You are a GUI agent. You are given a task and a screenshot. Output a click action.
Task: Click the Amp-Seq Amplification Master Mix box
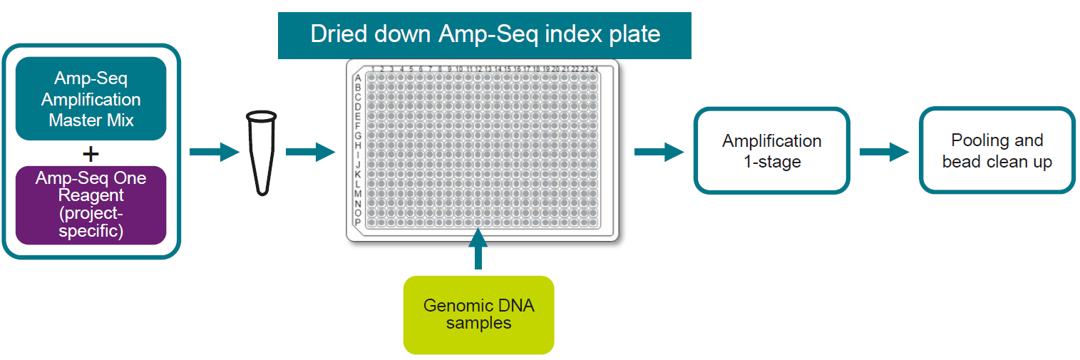point(91,98)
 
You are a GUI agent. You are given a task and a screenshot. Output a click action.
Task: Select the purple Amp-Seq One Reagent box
point(91,205)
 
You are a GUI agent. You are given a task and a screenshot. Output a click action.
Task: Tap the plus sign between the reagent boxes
point(91,153)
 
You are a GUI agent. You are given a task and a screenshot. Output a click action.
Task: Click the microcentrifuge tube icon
point(261,152)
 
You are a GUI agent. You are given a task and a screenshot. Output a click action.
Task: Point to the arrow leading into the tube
point(214,152)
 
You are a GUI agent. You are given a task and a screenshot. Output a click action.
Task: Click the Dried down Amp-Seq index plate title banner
point(485,34)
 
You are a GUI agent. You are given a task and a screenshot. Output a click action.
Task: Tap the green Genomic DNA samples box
point(478,314)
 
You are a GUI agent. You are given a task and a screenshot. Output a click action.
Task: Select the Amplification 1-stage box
point(772,150)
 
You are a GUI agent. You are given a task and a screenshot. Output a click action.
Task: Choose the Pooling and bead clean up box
point(997,150)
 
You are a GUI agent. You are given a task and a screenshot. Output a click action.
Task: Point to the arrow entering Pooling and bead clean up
point(884,152)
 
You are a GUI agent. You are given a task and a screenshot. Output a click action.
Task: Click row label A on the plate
point(358,78)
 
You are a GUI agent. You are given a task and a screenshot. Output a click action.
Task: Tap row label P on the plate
point(358,222)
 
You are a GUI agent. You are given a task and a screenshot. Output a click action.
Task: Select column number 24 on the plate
point(594,69)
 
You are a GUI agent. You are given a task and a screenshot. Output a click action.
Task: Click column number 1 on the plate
point(373,69)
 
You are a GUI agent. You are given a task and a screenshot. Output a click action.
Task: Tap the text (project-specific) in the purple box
point(91,222)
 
